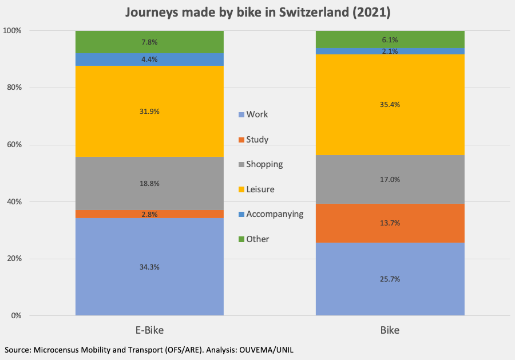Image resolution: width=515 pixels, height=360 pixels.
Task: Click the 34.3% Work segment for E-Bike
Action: coord(149,267)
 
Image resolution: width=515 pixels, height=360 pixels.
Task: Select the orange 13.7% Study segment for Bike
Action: coord(390,223)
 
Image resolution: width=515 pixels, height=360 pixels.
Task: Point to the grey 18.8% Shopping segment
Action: coord(149,183)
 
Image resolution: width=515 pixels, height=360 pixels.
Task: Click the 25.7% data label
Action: coord(390,279)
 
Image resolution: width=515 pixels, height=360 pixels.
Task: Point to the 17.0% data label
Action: coord(390,179)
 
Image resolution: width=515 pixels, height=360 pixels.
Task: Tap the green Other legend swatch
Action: coord(241,239)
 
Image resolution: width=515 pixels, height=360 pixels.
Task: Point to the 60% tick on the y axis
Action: coord(14,145)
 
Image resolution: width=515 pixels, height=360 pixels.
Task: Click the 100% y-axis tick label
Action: coord(12,30)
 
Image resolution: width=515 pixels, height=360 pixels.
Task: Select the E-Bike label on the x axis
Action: coord(149,331)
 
